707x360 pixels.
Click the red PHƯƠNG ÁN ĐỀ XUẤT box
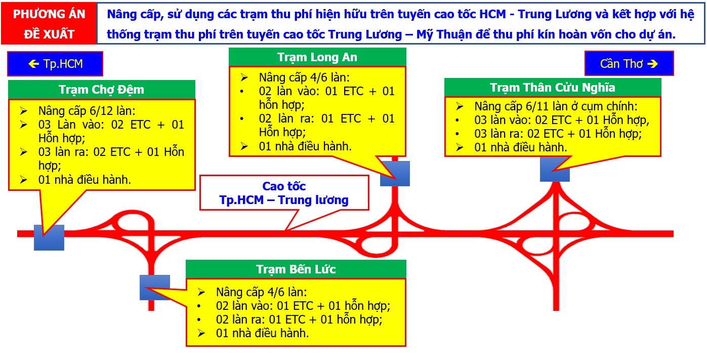tap(49, 24)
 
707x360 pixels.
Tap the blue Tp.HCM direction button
tap(55, 64)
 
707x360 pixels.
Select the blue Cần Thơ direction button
tap(629, 64)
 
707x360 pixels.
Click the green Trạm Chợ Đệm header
tap(101, 90)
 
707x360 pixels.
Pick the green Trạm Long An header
tap(317, 57)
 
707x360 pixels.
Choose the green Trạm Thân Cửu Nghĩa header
tap(552, 88)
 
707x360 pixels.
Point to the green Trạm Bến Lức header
tap(296, 269)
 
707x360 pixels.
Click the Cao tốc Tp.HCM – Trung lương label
tap(284, 193)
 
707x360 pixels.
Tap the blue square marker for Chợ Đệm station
tap(49, 237)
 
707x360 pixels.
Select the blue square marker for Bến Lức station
tap(154, 287)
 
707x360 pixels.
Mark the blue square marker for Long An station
tap(395, 174)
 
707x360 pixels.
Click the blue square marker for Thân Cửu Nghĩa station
tap(555, 169)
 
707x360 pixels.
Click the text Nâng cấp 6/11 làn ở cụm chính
tap(556, 107)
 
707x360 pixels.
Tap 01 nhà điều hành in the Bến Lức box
tap(262, 333)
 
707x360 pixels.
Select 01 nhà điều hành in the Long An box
tap(305, 147)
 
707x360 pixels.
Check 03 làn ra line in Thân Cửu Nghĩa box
tap(557, 134)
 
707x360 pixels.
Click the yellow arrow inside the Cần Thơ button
tap(652, 64)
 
